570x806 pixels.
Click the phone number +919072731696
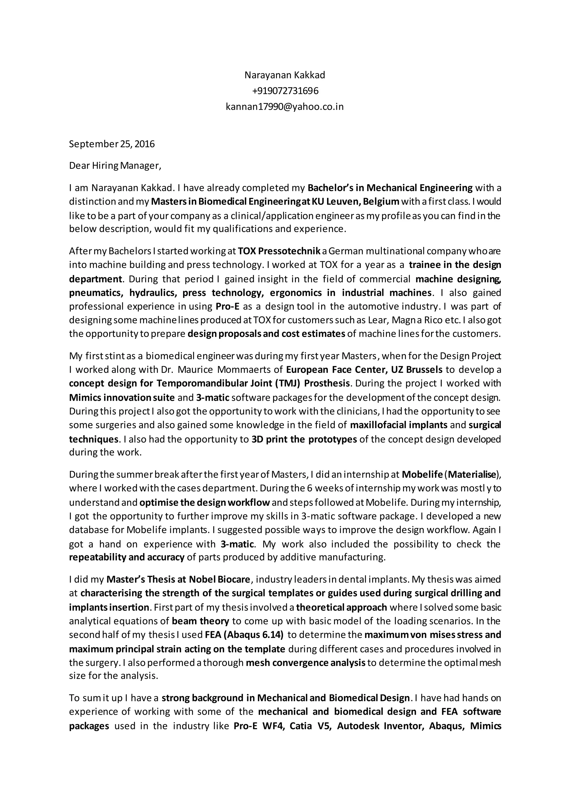click(285, 91)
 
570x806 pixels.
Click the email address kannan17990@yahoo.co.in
click(285, 107)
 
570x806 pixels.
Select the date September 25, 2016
click(112, 144)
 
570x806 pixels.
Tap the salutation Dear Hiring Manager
click(115, 166)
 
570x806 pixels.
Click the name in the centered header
click(285, 75)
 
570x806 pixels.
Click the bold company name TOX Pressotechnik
click(279, 251)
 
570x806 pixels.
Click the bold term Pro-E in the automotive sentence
click(227, 306)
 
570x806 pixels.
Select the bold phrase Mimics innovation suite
click(122, 397)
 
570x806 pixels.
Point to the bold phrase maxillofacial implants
click(399, 425)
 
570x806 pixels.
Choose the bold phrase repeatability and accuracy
click(127, 557)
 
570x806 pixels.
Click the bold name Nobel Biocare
click(219, 579)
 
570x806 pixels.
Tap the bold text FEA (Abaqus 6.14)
click(244, 635)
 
